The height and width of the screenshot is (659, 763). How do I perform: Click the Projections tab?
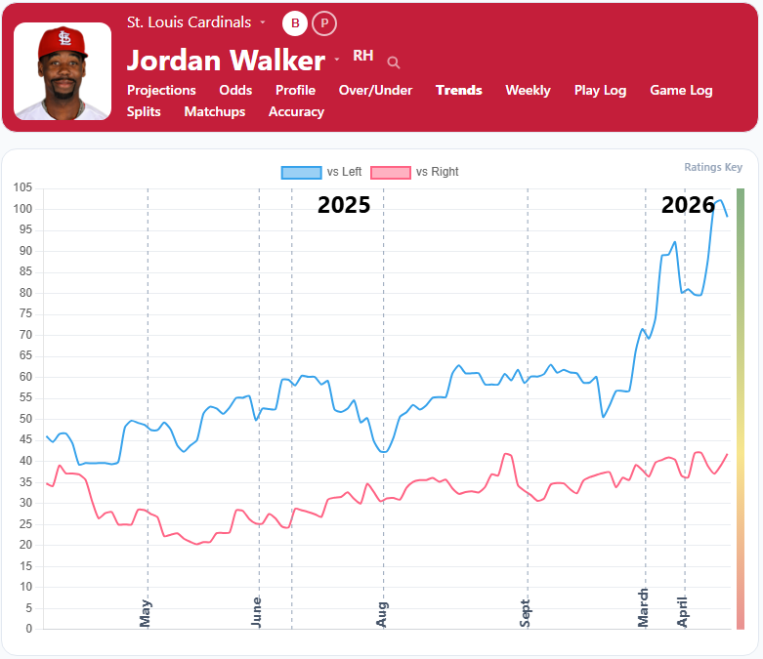(161, 90)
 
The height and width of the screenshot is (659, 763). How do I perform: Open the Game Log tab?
(681, 90)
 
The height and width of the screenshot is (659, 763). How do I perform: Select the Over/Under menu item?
(375, 90)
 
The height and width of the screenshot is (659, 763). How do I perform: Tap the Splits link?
(144, 111)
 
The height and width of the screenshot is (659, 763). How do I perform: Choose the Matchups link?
(214, 111)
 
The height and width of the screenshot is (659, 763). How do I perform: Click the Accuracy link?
(296, 111)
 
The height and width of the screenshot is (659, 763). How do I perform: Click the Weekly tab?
(528, 90)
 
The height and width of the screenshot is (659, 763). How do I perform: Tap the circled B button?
(295, 22)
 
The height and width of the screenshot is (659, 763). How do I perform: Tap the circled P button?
(324, 22)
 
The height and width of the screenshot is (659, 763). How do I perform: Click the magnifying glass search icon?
(394, 62)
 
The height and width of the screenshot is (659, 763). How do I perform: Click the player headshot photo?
(63, 71)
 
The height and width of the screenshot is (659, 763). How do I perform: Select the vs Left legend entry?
(321, 172)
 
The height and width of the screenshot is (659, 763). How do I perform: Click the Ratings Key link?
(713, 167)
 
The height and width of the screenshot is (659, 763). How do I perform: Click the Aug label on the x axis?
(383, 613)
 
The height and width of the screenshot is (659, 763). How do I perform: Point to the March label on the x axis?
(644, 605)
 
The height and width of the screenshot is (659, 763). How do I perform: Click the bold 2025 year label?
(344, 205)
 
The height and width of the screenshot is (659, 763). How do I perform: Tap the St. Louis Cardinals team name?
(190, 21)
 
